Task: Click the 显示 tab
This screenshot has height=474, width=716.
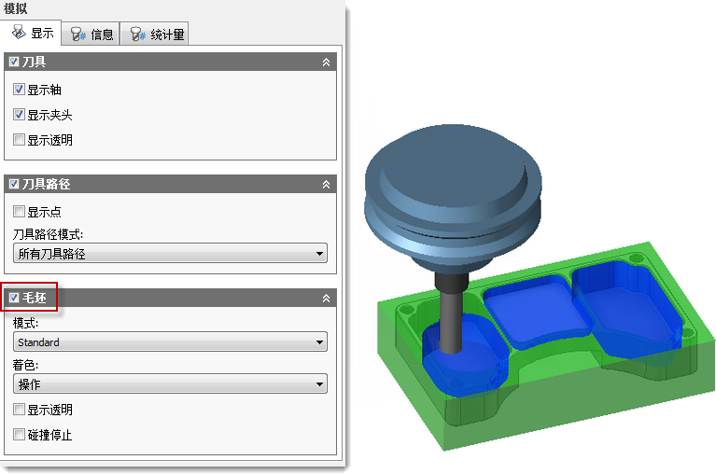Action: (31, 33)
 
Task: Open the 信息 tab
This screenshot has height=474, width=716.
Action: (91, 35)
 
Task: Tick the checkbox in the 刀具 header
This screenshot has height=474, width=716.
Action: (14, 62)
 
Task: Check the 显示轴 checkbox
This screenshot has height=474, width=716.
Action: (19, 90)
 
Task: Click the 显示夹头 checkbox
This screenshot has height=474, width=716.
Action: (19, 115)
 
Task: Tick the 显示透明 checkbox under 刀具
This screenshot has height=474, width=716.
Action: (19, 140)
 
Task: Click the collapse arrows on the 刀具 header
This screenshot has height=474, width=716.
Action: (326, 62)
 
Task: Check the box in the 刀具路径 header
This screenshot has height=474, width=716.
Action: (14, 184)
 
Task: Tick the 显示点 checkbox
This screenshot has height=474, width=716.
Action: (19, 212)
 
